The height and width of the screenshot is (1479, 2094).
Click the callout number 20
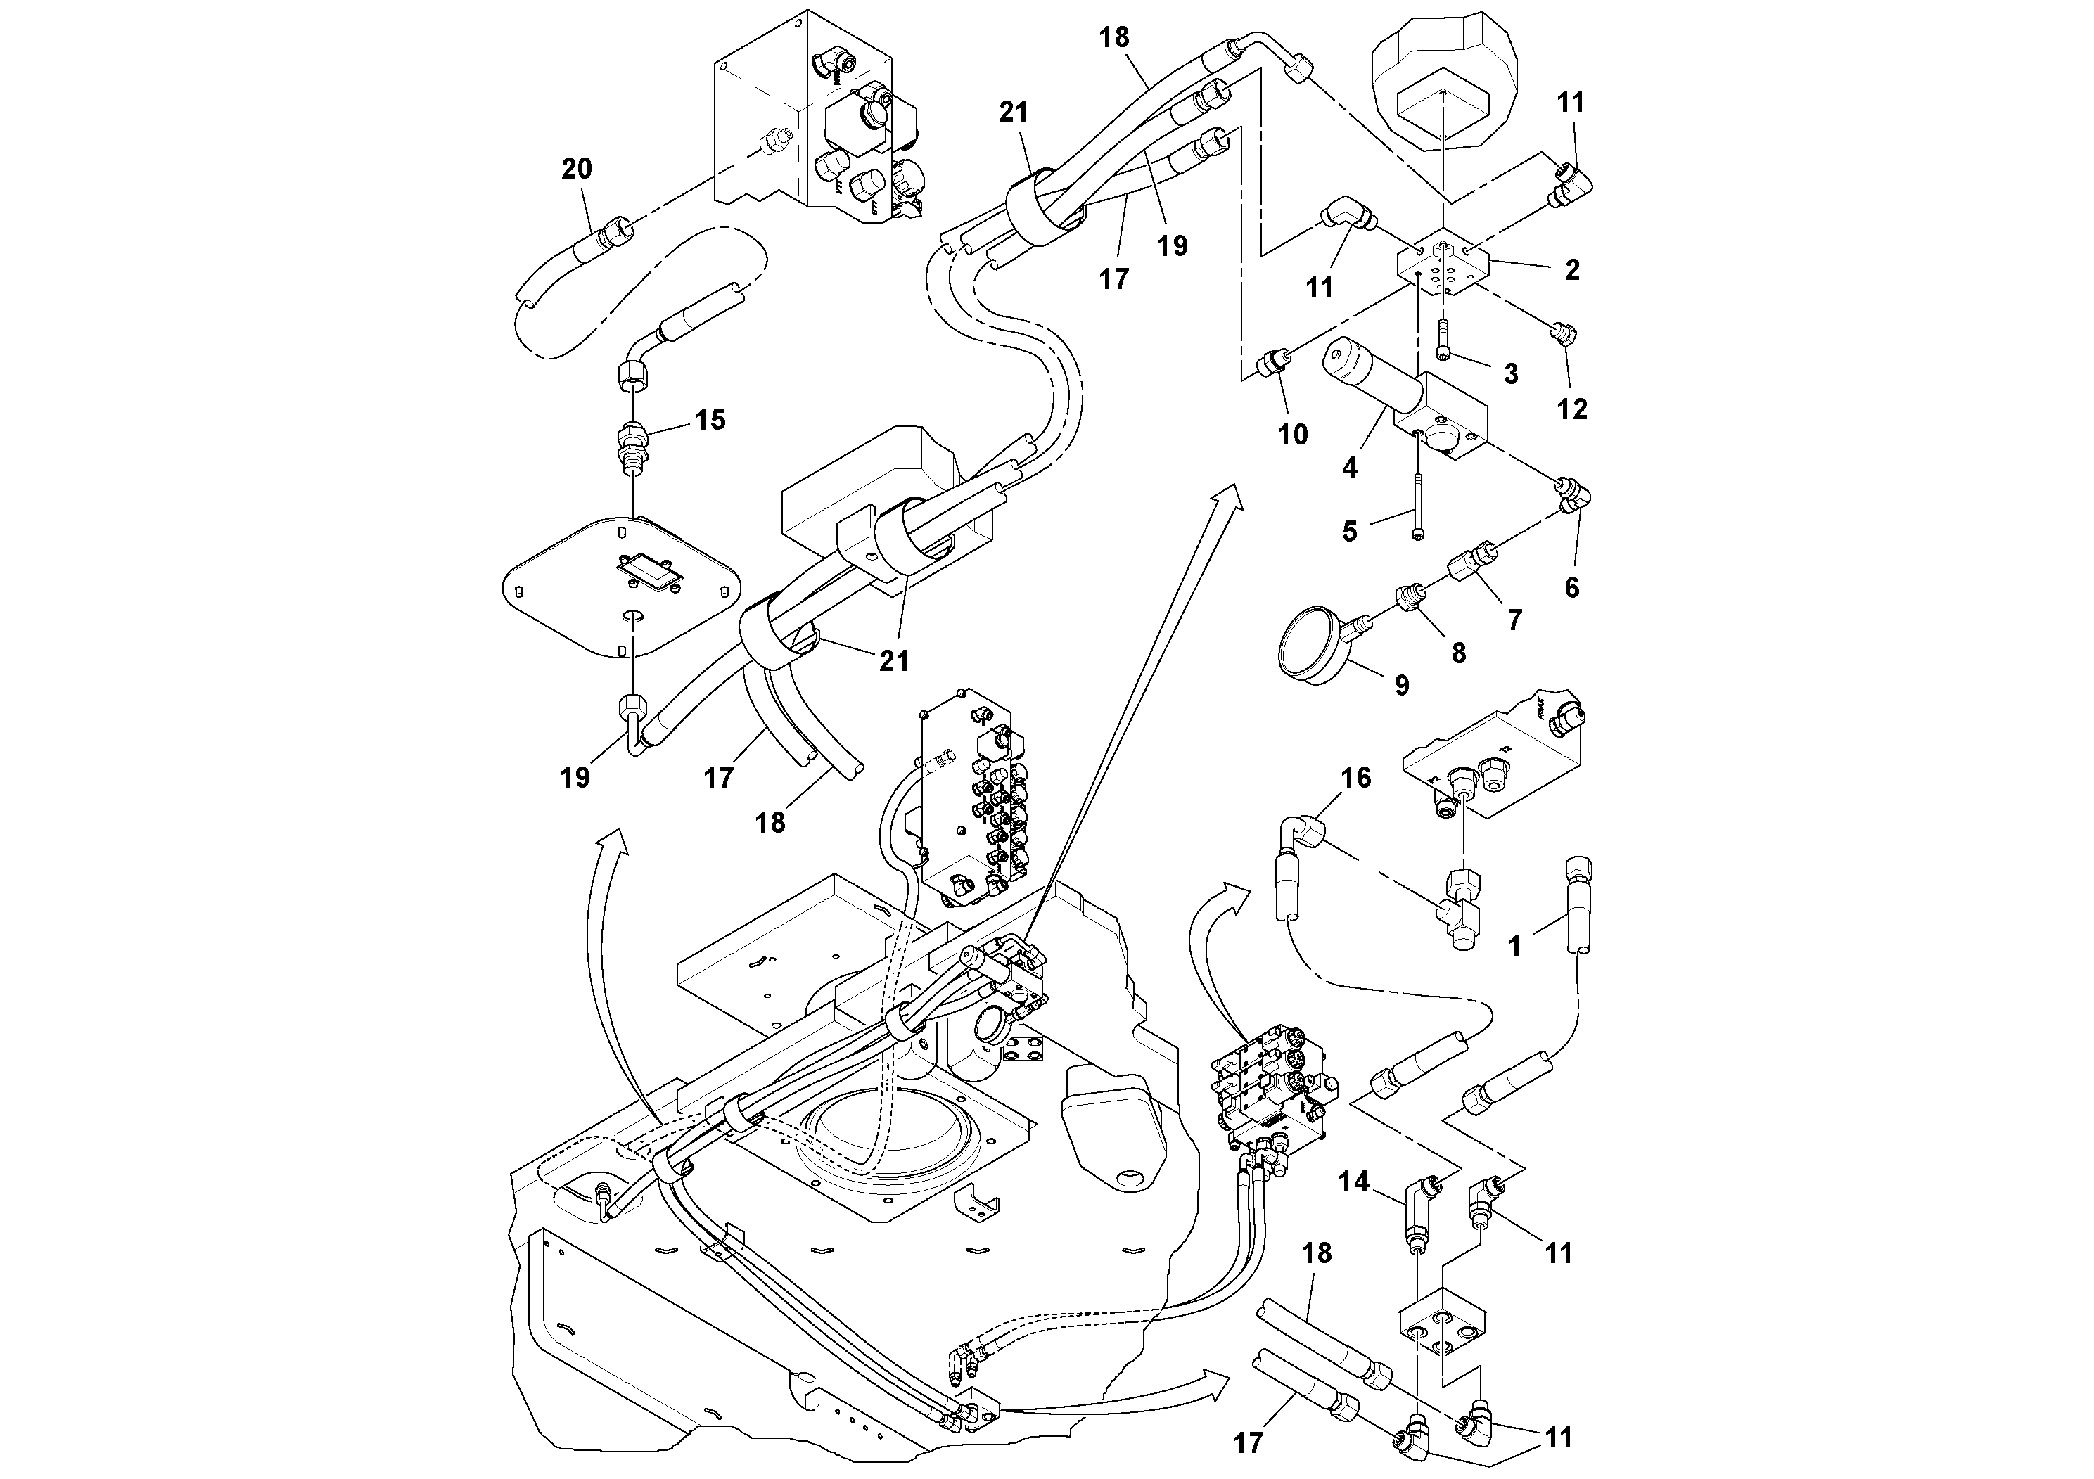[576, 169]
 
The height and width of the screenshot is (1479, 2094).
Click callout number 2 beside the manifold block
[1571, 270]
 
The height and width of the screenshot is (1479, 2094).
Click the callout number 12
[1571, 409]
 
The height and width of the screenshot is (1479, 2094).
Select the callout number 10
[1292, 435]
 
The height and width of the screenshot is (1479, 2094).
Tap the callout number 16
[1356, 778]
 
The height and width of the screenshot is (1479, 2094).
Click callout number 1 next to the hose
[1515, 947]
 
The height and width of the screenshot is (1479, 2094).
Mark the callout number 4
[1350, 468]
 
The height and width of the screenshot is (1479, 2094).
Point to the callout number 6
[1571, 587]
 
